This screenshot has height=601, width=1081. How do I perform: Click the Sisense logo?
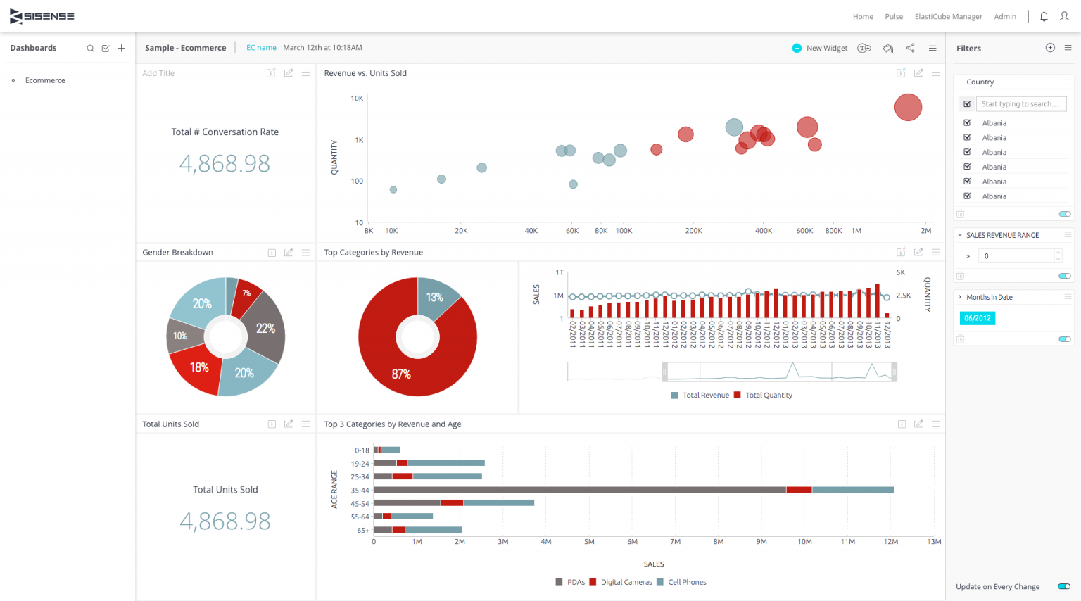[42, 16]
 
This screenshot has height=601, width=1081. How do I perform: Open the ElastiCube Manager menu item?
[948, 17]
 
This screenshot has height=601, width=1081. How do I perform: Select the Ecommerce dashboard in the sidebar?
[45, 80]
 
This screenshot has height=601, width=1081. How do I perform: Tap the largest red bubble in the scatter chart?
[908, 107]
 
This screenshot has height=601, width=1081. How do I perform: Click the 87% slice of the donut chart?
[401, 366]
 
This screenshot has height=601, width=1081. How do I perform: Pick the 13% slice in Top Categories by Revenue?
[436, 298]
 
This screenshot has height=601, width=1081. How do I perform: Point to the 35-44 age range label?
[360, 491]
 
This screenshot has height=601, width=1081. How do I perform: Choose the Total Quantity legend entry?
[768, 396]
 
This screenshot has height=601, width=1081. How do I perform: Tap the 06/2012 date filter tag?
[977, 318]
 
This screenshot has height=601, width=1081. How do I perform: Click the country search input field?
[1020, 104]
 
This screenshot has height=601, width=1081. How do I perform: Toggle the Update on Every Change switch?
[1064, 586]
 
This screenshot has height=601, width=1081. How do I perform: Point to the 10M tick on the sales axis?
[804, 542]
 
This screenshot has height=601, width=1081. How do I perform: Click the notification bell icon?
[1044, 17]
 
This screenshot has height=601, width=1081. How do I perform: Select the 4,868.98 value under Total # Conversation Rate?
[225, 164]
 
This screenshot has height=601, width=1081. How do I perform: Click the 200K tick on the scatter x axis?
[693, 231]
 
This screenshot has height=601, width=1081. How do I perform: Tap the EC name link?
[261, 48]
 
